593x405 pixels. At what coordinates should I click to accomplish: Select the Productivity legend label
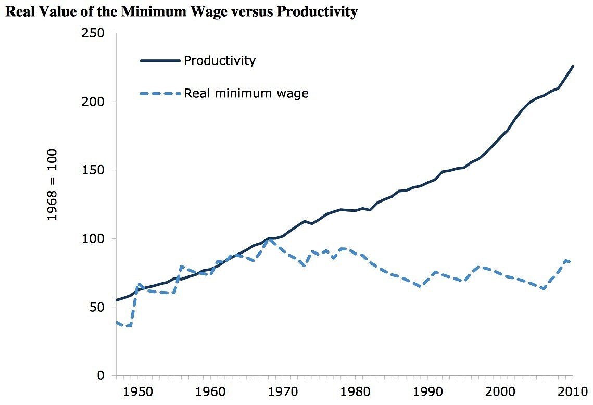(220, 60)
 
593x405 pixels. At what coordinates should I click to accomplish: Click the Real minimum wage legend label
(246, 94)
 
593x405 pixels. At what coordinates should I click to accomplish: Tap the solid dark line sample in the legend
(160, 61)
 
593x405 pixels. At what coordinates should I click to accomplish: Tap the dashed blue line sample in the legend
(160, 94)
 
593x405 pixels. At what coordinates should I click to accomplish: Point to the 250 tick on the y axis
(94, 33)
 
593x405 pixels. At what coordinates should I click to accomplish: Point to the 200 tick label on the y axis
(94, 102)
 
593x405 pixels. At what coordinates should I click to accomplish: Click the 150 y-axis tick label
(94, 170)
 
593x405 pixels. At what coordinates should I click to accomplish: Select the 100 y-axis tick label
(94, 239)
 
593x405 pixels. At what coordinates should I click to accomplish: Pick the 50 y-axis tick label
(97, 307)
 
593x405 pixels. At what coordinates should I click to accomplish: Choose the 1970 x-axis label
(283, 390)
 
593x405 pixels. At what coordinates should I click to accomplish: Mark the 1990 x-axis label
(427, 390)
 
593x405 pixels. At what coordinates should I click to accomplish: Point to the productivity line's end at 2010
(573, 66)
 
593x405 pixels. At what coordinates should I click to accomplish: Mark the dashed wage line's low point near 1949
(128, 326)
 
